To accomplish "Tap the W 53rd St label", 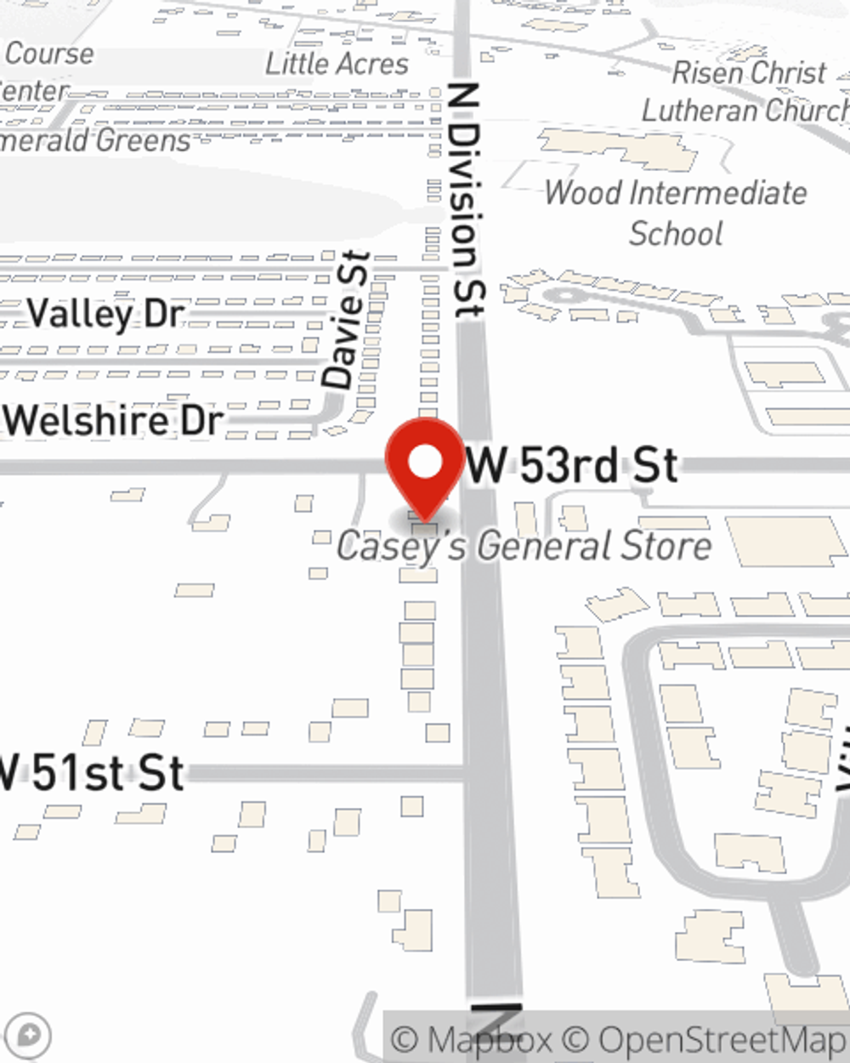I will pyautogui.click(x=572, y=466).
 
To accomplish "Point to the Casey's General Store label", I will pyautogui.click(x=524, y=546).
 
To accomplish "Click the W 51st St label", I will pyautogui.click(x=91, y=773).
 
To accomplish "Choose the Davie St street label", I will pyautogui.click(x=348, y=320).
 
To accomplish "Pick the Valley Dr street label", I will pyautogui.click(x=105, y=314).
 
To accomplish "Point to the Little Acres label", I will pyautogui.click(x=337, y=64).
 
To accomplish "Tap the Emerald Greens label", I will pyautogui.click(x=95, y=140).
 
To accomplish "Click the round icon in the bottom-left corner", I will pyautogui.click(x=29, y=1036).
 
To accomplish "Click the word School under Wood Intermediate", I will pyautogui.click(x=676, y=233).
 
